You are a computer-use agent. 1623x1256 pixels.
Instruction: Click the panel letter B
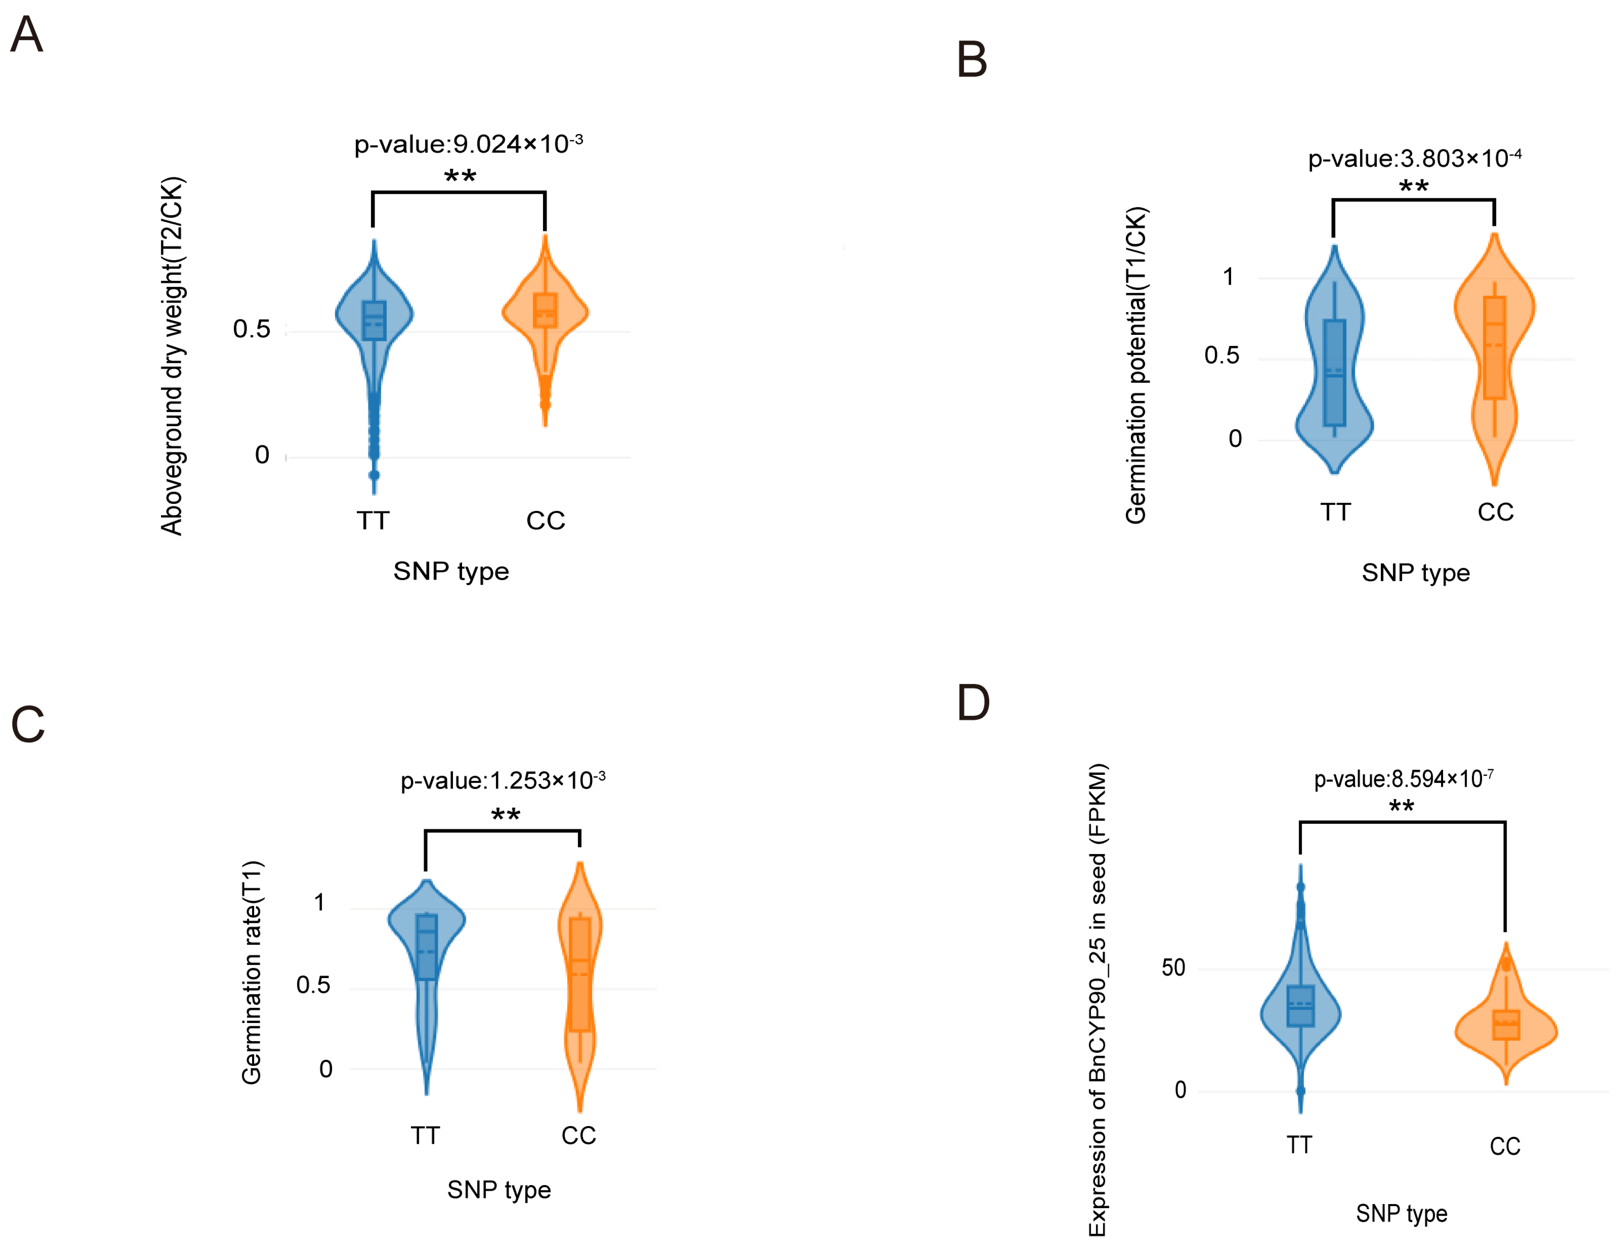972,59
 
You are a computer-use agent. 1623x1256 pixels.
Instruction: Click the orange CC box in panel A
545,310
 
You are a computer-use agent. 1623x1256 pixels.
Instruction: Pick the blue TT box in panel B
1335,373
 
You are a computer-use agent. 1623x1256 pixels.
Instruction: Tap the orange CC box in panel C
580,974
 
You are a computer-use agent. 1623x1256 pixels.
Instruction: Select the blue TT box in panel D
1300,1006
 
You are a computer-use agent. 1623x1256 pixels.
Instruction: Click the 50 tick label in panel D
1173,968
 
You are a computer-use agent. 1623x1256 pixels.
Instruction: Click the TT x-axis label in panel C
425,1136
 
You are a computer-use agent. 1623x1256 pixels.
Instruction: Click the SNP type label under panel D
1401,1214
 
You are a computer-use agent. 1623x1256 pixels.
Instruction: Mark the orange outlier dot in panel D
1505,965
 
